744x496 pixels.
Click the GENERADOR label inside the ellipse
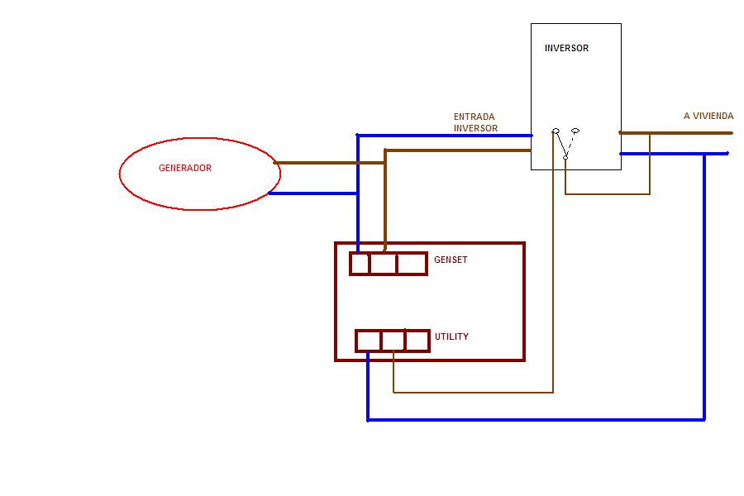tap(185, 168)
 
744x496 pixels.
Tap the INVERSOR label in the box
tap(566, 48)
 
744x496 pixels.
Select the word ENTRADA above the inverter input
tap(474, 117)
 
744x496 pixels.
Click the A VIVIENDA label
tap(708, 116)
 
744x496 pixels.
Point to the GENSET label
tap(451, 260)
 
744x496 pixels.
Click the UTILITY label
tap(451, 336)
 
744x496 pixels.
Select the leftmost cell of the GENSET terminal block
tap(360, 264)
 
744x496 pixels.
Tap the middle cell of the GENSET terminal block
tap(383, 264)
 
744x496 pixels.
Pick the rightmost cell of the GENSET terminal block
tap(412, 264)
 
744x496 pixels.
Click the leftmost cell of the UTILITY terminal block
tap(369, 341)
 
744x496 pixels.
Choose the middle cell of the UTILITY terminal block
tap(393, 341)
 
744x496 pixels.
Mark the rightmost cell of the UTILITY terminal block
tap(417, 341)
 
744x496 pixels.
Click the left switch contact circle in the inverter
tap(556, 131)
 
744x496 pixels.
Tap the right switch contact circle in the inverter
tap(575, 131)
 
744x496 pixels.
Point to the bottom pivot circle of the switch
tap(565, 157)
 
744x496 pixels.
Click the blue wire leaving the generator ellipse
tap(313, 193)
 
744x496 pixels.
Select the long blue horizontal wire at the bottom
tap(537, 420)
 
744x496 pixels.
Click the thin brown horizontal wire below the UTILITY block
tap(474, 393)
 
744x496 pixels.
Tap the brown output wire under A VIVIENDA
tap(675, 133)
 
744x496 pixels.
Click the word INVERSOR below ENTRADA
tap(475, 128)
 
